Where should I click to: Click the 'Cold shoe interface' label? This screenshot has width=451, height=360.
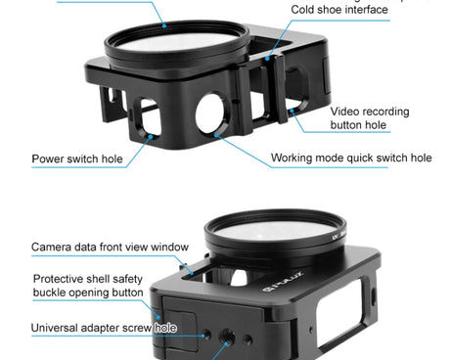click(x=339, y=10)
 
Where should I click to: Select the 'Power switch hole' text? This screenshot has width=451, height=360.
click(x=77, y=158)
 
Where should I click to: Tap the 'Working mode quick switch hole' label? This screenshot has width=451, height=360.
click(x=351, y=157)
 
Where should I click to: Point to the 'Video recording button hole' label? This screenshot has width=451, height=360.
click(x=370, y=118)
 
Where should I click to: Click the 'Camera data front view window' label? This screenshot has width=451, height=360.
click(x=110, y=247)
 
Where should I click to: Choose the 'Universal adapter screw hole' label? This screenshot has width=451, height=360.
click(x=104, y=328)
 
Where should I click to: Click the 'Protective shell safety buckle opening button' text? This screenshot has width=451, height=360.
click(x=88, y=286)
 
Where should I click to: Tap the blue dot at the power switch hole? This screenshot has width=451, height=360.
click(x=151, y=137)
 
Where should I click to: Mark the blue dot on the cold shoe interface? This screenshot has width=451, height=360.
click(x=267, y=59)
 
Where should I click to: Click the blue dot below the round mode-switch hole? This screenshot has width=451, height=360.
click(x=216, y=135)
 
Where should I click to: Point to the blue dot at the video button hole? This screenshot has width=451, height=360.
click(x=292, y=111)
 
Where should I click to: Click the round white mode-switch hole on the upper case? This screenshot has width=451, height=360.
click(x=209, y=113)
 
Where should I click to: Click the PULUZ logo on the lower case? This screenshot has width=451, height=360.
click(x=283, y=282)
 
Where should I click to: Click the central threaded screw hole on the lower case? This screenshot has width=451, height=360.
click(x=227, y=337)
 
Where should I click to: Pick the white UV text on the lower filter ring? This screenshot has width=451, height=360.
click(x=335, y=238)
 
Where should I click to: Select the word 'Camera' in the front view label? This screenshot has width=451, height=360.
click(x=51, y=247)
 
